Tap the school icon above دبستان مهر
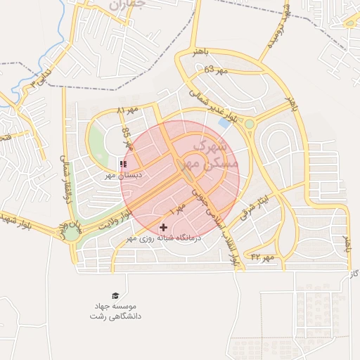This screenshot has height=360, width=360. (x=124, y=165)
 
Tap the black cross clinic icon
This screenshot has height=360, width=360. (x=164, y=227)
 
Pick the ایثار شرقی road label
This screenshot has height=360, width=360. (x=254, y=202)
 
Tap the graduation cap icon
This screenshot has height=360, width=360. (x=115, y=296)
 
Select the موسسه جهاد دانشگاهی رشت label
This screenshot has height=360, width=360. (x=112, y=312)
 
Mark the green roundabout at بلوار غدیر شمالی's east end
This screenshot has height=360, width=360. (x=249, y=124)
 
